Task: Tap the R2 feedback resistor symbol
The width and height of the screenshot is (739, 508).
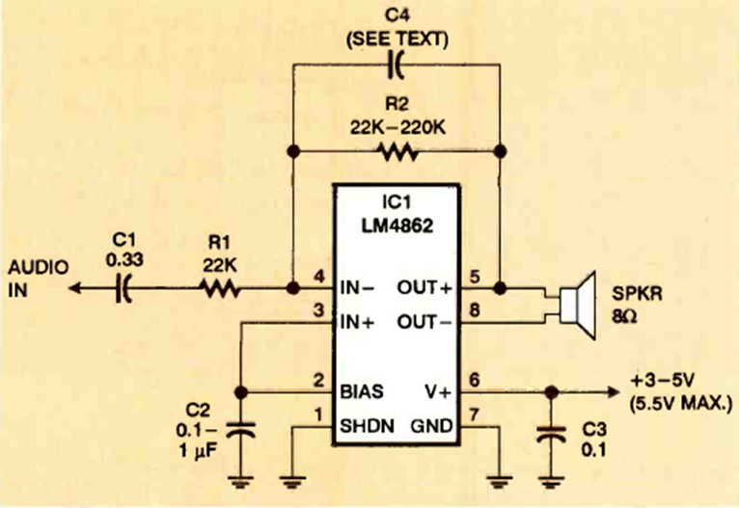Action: click(x=397, y=151)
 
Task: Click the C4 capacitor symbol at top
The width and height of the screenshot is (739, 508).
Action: click(x=397, y=66)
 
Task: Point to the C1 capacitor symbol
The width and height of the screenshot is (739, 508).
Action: click(x=124, y=286)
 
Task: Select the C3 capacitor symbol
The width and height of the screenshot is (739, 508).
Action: click(x=551, y=434)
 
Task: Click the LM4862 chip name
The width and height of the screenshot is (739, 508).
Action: click(x=398, y=227)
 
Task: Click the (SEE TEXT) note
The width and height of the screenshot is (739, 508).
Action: click(x=397, y=39)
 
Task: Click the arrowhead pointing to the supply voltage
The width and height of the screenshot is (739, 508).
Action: click(x=614, y=392)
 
